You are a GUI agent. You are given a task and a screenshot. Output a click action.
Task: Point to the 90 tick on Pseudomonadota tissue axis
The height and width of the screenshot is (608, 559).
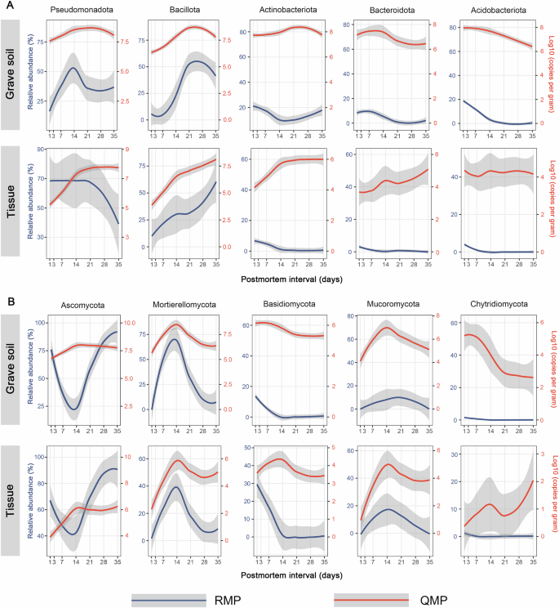(x=42, y=150)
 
